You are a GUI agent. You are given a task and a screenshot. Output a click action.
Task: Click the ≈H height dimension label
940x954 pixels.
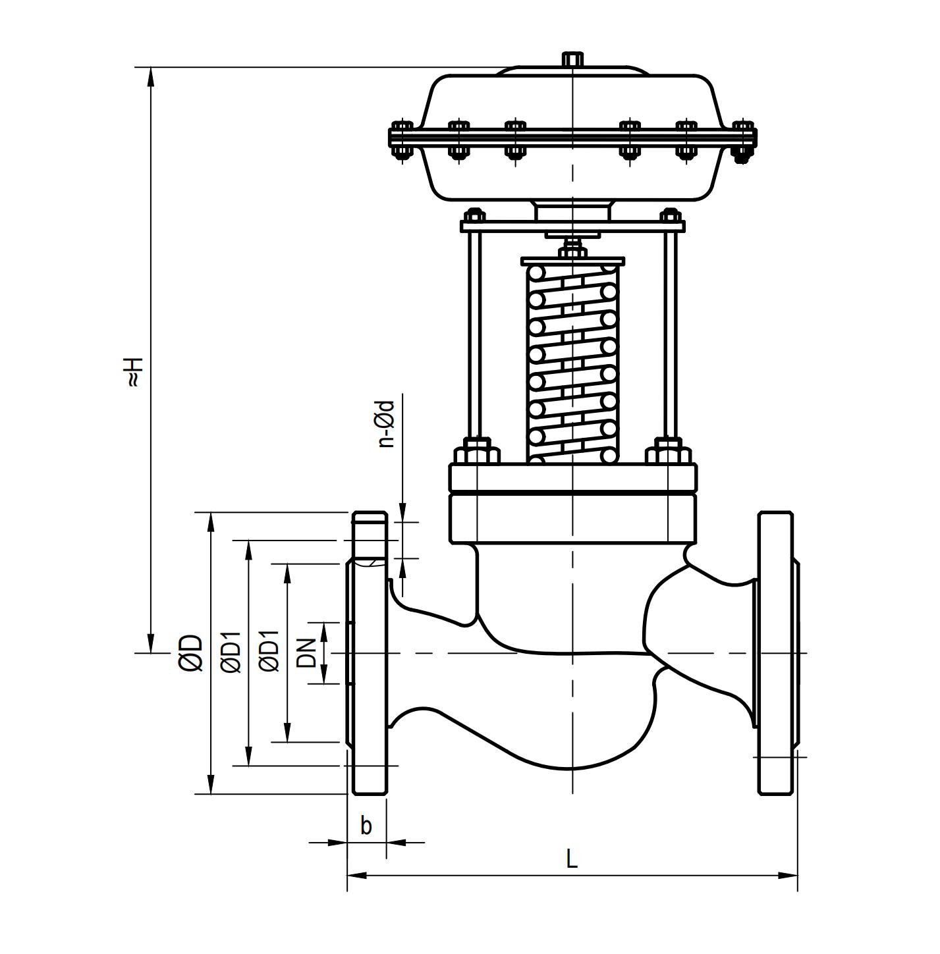pos(133,371)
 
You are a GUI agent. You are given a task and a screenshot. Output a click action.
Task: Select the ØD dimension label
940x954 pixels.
pos(190,652)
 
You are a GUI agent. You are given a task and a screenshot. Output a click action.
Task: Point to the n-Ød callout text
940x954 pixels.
pos(387,424)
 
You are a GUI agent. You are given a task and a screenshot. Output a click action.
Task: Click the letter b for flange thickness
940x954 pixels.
pos(366,825)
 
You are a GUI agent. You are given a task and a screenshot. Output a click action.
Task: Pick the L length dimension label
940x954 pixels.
pos(572,859)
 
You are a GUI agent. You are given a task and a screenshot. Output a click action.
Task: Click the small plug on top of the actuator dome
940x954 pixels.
pos(572,59)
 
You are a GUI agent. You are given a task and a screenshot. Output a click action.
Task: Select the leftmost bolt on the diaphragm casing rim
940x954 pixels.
pos(401,139)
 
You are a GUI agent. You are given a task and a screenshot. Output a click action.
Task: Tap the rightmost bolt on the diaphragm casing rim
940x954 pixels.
pos(744,139)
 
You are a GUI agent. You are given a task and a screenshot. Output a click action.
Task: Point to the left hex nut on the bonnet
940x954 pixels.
pos(477,454)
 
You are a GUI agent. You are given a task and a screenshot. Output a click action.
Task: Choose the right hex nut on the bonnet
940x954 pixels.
pos(669,454)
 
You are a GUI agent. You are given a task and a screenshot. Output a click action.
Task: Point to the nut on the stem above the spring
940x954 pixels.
pos(572,251)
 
